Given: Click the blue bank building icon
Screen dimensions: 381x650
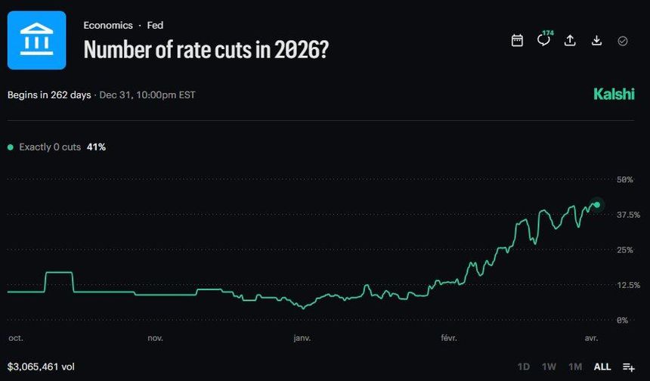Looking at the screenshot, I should pyautogui.click(x=36, y=40).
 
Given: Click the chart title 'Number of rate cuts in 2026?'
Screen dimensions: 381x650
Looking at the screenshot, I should pyautogui.click(x=206, y=50).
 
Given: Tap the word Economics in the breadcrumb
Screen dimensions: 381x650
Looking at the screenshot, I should pyautogui.click(x=108, y=25).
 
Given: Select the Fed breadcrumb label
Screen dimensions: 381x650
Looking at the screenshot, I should pyautogui.click(x=155, y=25).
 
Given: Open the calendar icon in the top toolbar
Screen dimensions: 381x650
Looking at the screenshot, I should pyautogui.click(x=517, y=41).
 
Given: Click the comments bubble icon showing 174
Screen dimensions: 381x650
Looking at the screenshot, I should pyautogui.click(x=543, y=40).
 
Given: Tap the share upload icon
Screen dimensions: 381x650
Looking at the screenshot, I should pyautogui.click(x=570, y=41).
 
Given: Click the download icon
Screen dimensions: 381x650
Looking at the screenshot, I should pyautogui.click(x=596, y=41).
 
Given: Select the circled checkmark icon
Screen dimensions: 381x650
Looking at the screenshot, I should pyautogui.click(x=623, y=41).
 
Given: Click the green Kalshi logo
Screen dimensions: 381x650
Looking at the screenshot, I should pyautogui.click(x=614, y=94).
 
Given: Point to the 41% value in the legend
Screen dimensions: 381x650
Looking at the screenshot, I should pyautogui.click(x=96, y=147).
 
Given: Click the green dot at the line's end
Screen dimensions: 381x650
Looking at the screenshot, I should pyautogui.click(x=597, y=205).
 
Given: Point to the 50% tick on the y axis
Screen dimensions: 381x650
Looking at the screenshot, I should pyautogui.click(x=624, y=180).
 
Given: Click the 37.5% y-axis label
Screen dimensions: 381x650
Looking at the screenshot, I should pyautogui.click(x=629, y=215).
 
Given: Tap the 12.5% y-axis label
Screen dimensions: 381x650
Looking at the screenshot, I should pyautogui.click(x=629, y=285).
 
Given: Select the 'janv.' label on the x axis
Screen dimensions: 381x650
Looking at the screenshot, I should pyautogui.click(x=302, y=339).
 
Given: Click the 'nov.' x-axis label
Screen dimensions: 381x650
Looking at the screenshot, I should pyautogui.click(x=155, y=339).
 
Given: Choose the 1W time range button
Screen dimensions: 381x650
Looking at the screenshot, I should pyautogui.click(x=549, y=367).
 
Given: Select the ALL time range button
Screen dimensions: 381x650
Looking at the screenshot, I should pyautogui.click(x=602, y=367).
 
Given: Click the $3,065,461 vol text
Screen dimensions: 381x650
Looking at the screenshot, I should pyautogui.click(x=41, y=367).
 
